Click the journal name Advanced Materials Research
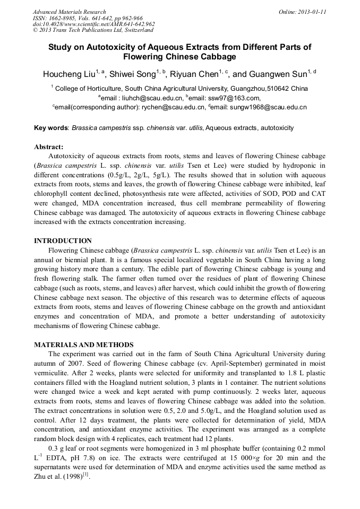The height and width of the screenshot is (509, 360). pyautogui.click(x=69, y=12)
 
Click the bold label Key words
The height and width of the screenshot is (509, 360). pyautogui.click(x=51, y=128)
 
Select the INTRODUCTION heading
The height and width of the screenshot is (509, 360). pyautogui.click(x=63, y=240)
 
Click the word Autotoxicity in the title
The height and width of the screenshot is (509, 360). pyautogui.click(x=111, y=47)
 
